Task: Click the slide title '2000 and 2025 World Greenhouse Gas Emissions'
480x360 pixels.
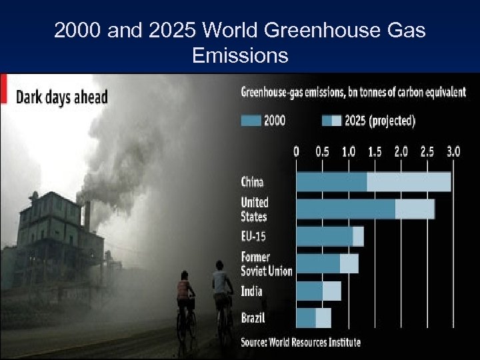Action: (240, 42)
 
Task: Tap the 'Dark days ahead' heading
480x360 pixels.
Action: (61, 97)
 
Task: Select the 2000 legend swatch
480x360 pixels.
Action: (251, 121)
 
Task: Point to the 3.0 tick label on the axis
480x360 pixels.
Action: (453, 151)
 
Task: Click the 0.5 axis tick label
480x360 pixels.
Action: (322, 151)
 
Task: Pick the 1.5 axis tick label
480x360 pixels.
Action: (375, 151)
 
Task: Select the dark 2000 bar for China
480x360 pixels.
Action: (331, 182)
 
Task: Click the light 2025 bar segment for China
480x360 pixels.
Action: (409, 182)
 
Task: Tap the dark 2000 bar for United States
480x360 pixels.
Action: (345, 209)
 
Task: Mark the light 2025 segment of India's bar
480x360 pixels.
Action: (331, 291)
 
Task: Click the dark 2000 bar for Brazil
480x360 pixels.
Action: (305, 317)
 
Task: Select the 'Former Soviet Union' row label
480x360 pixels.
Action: (266, 264)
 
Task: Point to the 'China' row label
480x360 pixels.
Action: (253, 182)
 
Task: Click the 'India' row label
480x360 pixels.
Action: (252, 291)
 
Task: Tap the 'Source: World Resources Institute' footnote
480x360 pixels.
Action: (301, 342)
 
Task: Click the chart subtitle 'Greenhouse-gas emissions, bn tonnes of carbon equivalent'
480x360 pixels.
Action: (353, 93)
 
